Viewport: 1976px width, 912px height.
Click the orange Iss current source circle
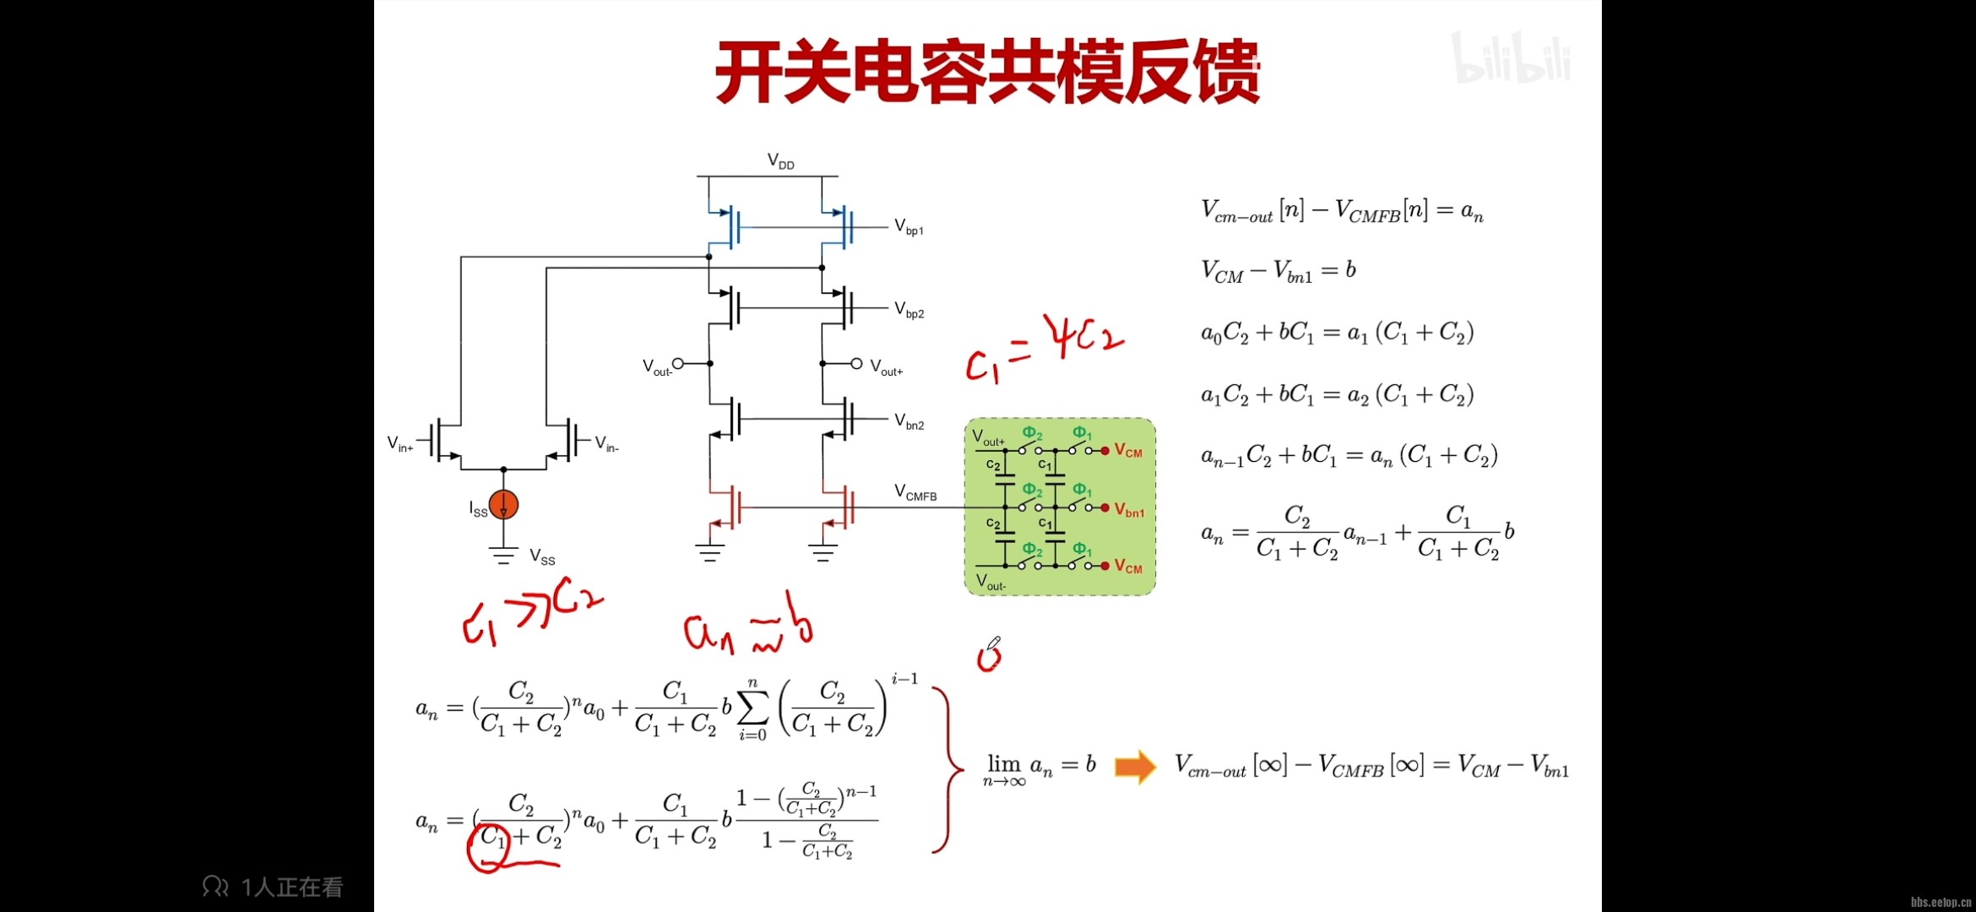(503, 505)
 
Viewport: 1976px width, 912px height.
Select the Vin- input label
(606, 443)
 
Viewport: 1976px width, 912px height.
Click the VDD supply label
(780, 160)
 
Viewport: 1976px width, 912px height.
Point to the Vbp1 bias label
(909, 227)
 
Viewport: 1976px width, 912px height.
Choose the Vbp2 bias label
(909, 310)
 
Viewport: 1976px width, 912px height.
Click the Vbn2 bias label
(909, 421)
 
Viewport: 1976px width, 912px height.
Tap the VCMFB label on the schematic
(915, 492)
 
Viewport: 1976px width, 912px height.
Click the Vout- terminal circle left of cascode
(677, 364)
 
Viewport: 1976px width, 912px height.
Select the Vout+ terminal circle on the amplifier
(856, 364)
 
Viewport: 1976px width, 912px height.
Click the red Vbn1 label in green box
(1129, 510)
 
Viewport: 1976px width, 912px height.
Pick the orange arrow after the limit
(1135, 767)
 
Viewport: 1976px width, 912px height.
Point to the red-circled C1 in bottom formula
(492, 839)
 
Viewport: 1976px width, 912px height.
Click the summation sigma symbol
(752, 708)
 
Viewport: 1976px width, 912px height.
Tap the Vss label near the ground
(542, 556)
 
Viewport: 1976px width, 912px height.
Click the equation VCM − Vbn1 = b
(1278, 270)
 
